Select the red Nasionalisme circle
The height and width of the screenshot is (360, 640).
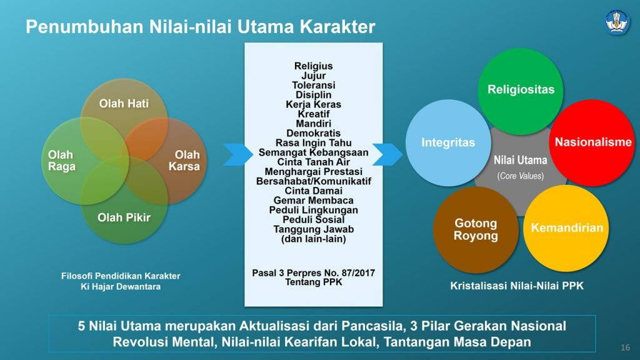click(x=593, y=142)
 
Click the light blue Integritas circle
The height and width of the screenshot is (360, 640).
click(x=447, y=142)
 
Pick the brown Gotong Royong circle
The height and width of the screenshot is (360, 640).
click(x=476, y=229)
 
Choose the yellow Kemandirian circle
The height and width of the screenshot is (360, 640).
click(x=566, y=227)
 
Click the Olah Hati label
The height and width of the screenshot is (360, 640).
click(x=124, y=104)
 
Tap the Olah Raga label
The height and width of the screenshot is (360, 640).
click(x=61, y=161)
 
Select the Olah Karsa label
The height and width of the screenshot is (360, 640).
click(x=184, y=161)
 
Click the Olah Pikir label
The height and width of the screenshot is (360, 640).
click(x=124, y=218)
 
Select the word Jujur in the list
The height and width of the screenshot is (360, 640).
click(x=313, y=76)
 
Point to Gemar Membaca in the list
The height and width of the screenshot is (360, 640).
click(x=313, y=201)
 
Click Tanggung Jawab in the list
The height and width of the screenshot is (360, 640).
click(x=313, y=229)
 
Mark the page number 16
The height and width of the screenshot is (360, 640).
click(x=624, y=347)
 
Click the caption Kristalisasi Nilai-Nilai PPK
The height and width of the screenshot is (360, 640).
click(x=517, y=286)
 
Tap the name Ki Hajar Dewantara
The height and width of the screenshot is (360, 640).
click(x=121, y=287)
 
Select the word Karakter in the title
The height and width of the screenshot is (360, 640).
click(x=337, y=27)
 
